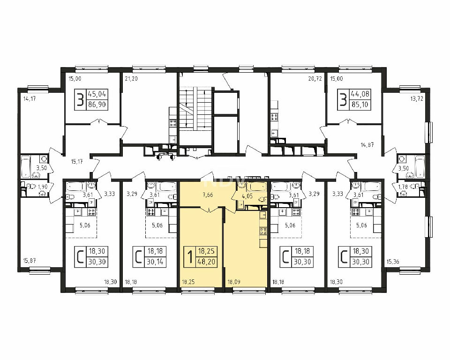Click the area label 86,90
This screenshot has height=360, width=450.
(97, 105)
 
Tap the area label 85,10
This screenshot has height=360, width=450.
(360, 105)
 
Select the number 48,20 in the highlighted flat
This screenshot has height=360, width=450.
(206, 262)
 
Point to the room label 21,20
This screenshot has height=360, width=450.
(131, 78)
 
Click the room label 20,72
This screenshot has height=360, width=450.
(315, 78)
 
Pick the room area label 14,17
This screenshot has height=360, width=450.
(30, 100)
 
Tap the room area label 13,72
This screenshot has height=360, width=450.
(417, 99)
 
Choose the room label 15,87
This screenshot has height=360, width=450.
(29, 261)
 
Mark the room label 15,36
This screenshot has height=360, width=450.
(393, 262)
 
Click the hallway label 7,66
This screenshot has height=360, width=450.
(208, 195)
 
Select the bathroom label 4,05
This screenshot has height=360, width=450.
(247, 197)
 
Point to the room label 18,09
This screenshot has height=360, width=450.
(234, 282)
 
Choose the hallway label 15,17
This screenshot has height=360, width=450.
(76, 162)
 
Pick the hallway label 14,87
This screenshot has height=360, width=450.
(367, 145)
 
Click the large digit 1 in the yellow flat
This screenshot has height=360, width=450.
(190, 256)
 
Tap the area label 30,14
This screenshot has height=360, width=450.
(155, 262)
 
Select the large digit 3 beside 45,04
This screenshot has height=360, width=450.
(81, 100)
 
